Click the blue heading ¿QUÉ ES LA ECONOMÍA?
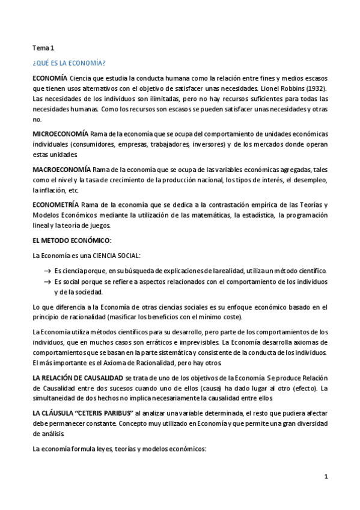tap(69, 63)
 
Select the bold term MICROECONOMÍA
tap(59, 133)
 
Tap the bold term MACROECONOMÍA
tap(61, 170)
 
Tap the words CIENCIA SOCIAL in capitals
tap(119, 256)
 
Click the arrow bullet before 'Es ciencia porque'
tap(47, 271)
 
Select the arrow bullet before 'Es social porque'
tap(47, 281)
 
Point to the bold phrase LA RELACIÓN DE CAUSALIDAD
tap(78, 378)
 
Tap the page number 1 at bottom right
tap(326, 477)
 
